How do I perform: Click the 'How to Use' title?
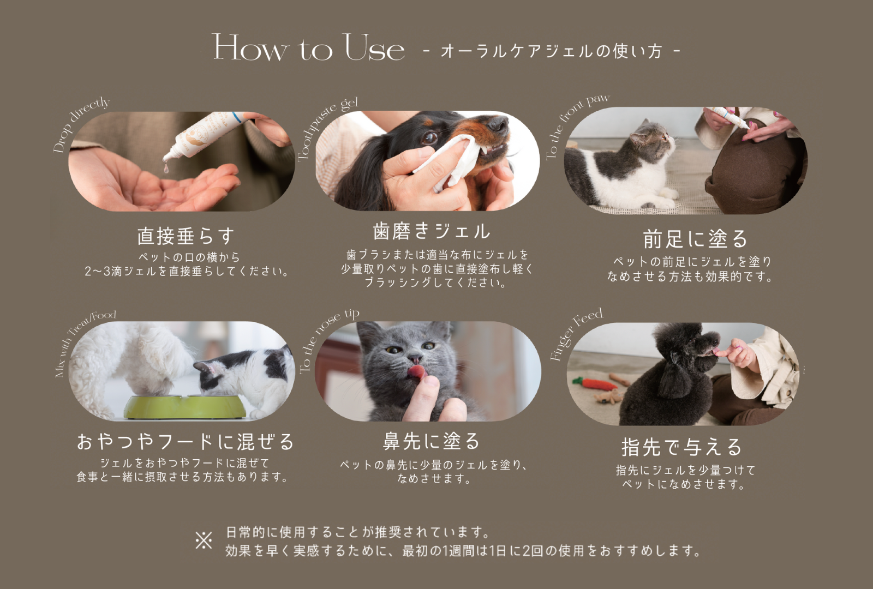[308, 47]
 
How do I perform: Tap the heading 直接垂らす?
[186, 236]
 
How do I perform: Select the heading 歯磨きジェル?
[432, 231]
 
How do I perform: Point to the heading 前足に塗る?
[695, 239]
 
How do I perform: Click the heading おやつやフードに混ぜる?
[185, 442]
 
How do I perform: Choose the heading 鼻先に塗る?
[431, 441]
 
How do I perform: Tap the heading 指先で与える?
[681, 447]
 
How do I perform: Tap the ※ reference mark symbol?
[204, 540]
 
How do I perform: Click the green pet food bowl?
[185, 407]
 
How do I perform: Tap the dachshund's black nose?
[498, 124]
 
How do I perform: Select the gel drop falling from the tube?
[166, 169]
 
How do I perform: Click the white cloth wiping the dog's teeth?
[449, 161]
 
